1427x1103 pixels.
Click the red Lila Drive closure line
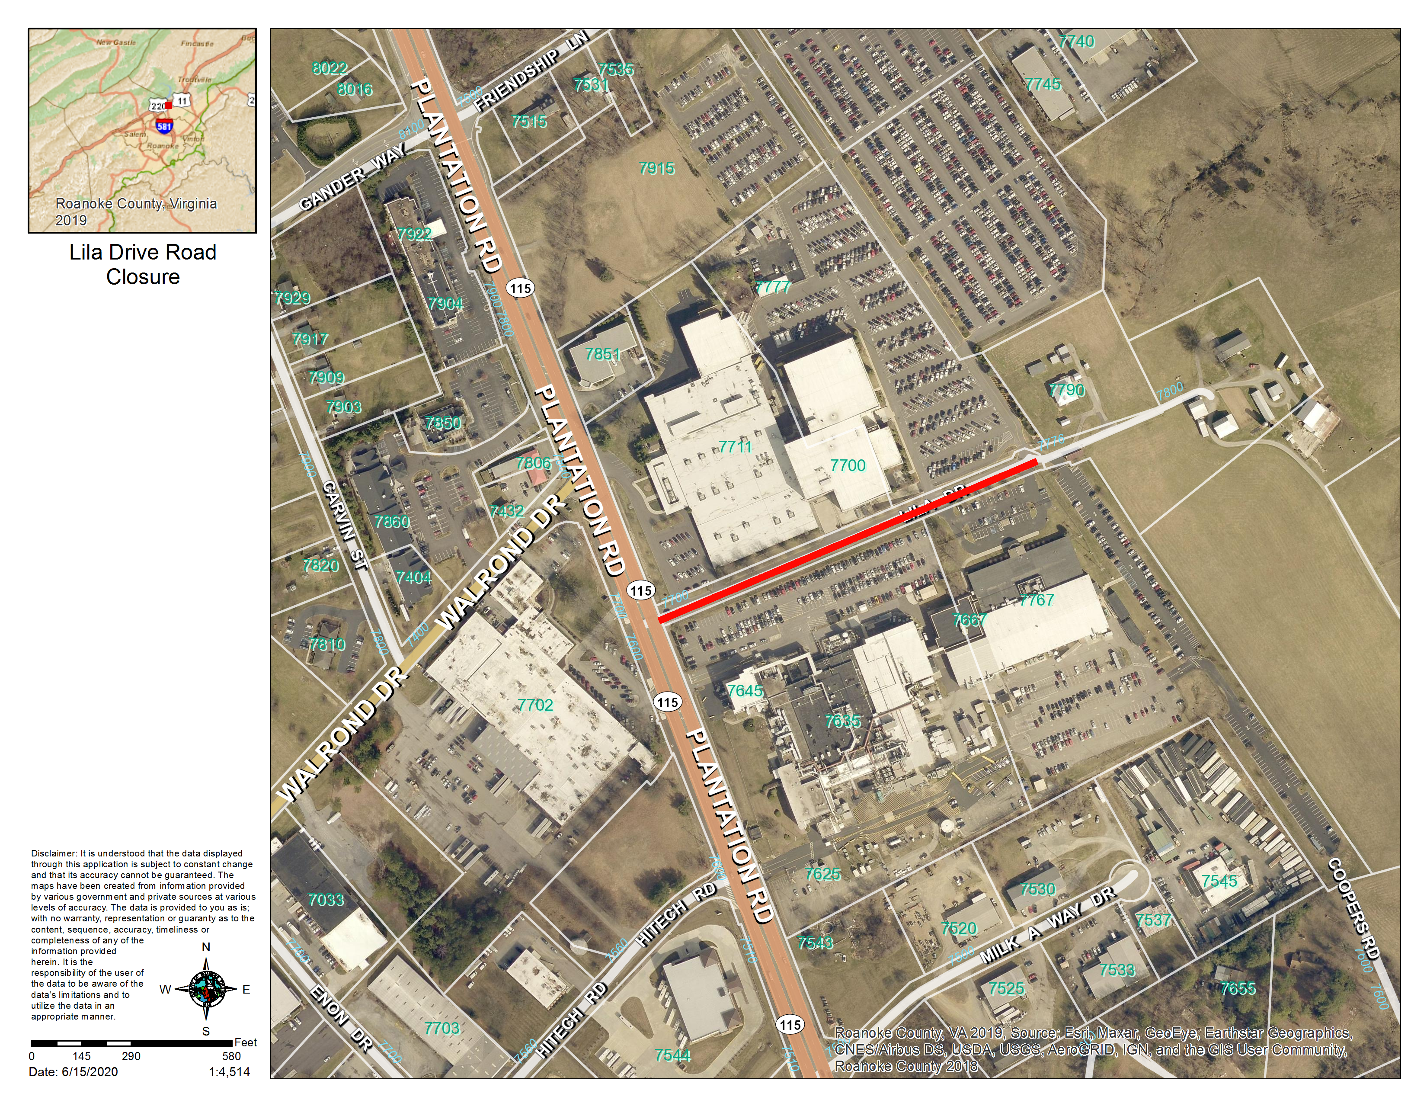pos(847,540)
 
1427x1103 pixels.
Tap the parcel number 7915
pos(657,169)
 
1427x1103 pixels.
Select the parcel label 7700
pos(848,465)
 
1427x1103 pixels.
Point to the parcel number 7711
pos(736,447)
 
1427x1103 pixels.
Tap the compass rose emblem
pos(206,989)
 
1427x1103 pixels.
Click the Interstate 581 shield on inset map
pos(164,126)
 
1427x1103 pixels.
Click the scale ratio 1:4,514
pos(229,1071)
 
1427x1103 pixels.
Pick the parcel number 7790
pos(1066,390)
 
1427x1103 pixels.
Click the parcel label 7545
pos(1219,881)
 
